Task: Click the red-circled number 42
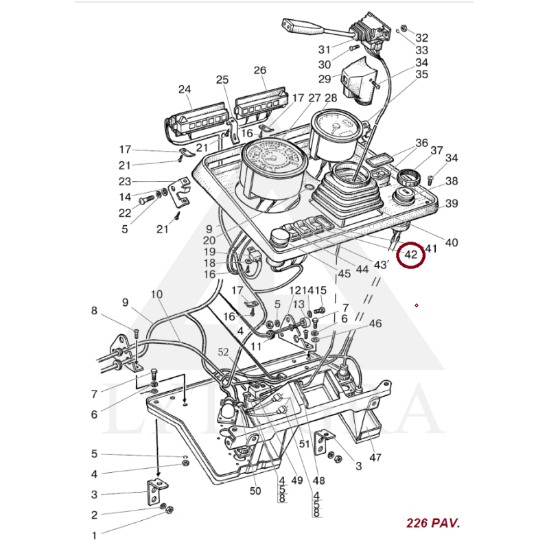pos(412,255)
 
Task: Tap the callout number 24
pos(185,89)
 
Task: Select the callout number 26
pos(259,70)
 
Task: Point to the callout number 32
pos(421,38)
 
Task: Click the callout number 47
pos(375,457)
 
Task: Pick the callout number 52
pos(224,352)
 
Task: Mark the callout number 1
pos(95,535)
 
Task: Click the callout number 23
pos(124,182)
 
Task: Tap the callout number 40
pos(452,242)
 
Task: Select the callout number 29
pos(325,79)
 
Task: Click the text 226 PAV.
pos(433,523)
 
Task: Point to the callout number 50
pos(255,491)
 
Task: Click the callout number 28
pos(331,98)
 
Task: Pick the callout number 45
pos(344,273)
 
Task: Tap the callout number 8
pos(95,310)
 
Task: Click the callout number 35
pos(421,74)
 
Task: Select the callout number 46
pos(375,323)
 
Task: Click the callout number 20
pos(209,240)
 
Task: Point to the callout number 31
pos(325,49)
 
